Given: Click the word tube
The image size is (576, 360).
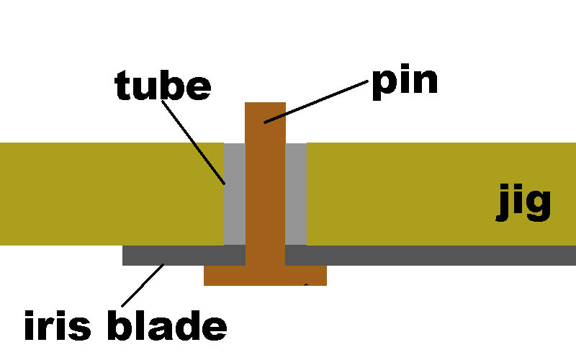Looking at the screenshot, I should tap(163, 86).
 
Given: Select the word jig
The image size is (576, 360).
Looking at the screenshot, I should tap(523, 203).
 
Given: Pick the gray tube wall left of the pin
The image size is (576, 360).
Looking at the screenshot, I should tap(235, 194).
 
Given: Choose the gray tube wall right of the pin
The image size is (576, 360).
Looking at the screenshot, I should tap(296, 194).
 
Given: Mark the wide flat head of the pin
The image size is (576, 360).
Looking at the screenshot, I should tap(265, 275).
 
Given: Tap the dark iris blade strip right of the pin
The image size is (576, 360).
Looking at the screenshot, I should tap(432, 255).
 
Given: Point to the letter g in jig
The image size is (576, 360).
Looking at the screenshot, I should tap(538, 206).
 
